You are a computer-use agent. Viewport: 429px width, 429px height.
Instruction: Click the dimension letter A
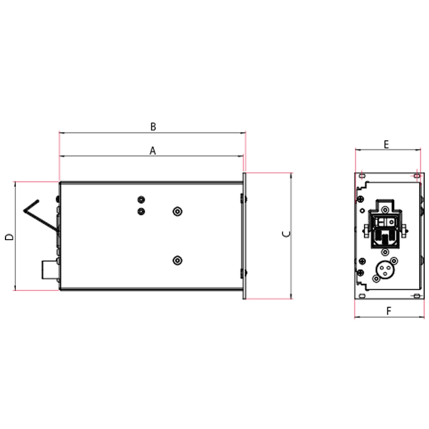(x=153, y=151)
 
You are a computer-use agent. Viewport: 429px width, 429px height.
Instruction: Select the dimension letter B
(x=153, y=126)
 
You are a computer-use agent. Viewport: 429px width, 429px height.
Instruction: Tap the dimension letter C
(x=286, y=234)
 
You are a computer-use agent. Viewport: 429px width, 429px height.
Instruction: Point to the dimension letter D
(x=9, y=237)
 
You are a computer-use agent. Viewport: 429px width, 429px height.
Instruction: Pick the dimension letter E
(x=386, y=145)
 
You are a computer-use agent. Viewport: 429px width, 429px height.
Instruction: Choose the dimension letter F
(x=389, y=311)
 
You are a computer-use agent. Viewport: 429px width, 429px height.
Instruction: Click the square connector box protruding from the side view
(x=50, y=270)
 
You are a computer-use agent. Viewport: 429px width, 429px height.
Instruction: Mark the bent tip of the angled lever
(x=24, y=211)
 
